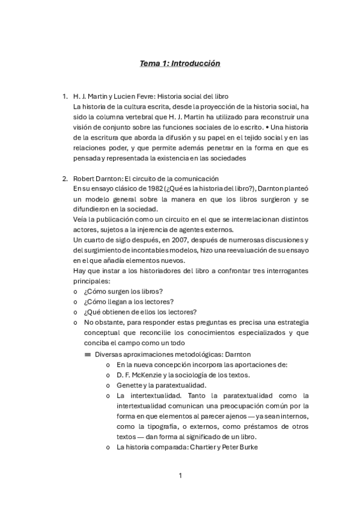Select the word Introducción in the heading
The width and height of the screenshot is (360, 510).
[x=196, y=63]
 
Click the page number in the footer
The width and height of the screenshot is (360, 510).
[x=180, y=476]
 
